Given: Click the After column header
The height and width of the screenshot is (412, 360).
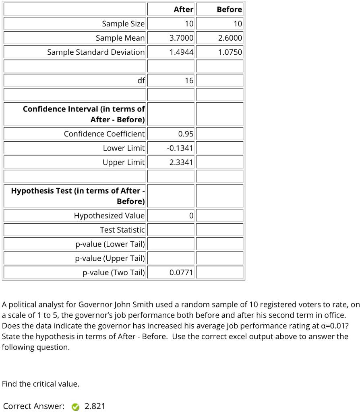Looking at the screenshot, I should [x=183, y=9].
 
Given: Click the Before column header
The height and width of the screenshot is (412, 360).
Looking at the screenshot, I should [x=229, y=9].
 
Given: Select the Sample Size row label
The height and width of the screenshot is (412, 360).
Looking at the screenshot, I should [x=123, y=24].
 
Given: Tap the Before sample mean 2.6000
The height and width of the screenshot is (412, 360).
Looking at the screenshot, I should [x=230, y=38].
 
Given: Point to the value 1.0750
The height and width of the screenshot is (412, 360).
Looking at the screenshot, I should [x=230, y=52].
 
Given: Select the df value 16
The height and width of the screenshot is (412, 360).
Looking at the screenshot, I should [x=189, y=80].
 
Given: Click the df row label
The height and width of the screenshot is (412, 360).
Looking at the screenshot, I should [x=141, y=80].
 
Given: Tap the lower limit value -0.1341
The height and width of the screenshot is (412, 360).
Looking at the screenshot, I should [x=180, y=148].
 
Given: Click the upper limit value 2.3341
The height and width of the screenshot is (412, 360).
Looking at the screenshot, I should [x=181, y=162].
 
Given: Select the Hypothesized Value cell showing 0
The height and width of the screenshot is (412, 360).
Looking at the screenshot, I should [x=191, y=216].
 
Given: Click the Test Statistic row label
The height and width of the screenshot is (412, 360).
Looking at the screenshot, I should [x=122, y=230].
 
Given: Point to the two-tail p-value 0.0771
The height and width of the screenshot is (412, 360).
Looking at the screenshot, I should [x=181, y=273].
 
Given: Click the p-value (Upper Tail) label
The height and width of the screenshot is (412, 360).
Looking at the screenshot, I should [x=110, y=258].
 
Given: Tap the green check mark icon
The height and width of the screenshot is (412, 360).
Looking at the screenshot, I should [x=75, y=407].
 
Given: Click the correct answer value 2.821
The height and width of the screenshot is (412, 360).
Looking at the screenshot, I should [x=95, y=406].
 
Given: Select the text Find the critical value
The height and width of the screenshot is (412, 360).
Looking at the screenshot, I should [x=41, y=384].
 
